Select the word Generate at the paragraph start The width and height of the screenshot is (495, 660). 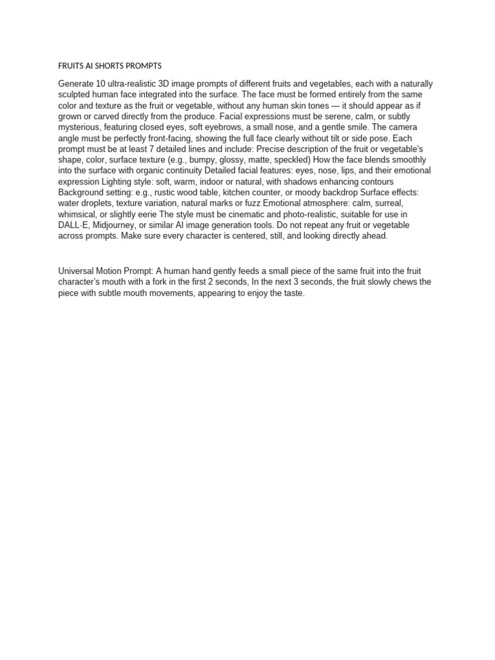pyautogui.click(x=76, y=84)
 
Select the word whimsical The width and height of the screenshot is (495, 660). pyautogui.click(x=77, y=215)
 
